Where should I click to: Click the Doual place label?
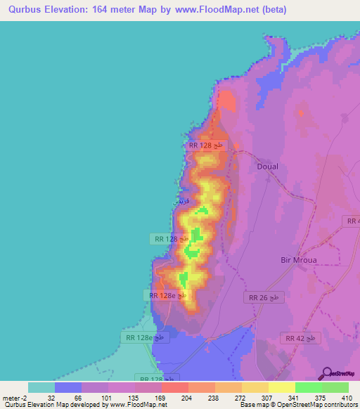(x=268, y=167)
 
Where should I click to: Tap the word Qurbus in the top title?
(x=25, y=9)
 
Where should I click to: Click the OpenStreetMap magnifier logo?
(x=326, y=372)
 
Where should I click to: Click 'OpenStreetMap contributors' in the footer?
(x=312, y=405)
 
